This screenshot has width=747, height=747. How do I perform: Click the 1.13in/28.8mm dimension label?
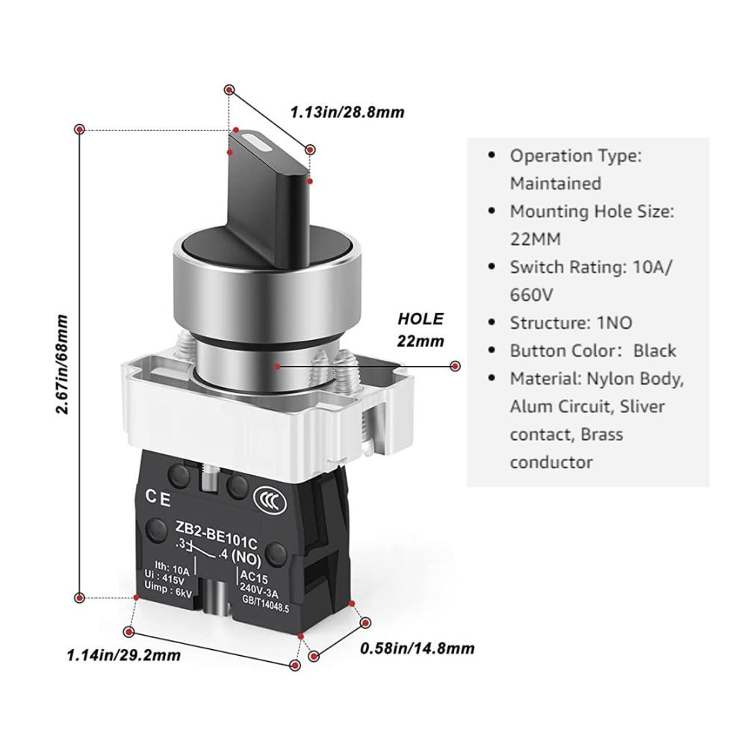coord(347,113)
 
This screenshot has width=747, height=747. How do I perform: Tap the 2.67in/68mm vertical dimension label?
coord(62,364)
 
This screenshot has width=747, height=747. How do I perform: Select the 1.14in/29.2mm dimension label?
coord(124,655)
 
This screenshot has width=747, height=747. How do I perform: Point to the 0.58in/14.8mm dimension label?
coord(418,648)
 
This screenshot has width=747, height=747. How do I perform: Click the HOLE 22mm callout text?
coord(420,329)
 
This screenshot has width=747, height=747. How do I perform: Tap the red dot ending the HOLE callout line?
coord(456,366)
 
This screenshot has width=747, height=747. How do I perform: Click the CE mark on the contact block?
coord(158,498)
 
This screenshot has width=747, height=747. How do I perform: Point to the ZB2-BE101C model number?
coord(217,536)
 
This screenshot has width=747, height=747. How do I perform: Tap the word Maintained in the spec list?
coord(556,184)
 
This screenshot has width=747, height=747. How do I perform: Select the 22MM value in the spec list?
coord(535,239)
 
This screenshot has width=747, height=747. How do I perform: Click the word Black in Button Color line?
coord(654,350)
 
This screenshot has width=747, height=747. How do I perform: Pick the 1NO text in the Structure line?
coord(615,323)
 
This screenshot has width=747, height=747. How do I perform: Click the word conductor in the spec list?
coord(551,462)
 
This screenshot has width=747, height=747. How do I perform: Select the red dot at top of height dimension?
coord(80,129)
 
